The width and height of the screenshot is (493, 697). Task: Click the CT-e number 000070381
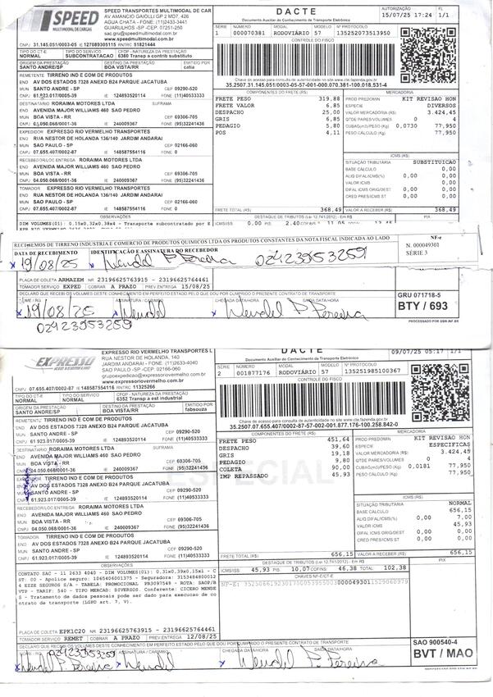coord(249,33)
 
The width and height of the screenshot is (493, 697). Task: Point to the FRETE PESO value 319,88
coord(328,98)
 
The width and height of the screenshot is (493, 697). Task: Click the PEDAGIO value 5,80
coord(331,125)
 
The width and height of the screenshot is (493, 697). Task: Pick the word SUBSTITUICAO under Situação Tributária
coord(456,162)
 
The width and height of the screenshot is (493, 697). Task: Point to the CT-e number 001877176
coord(249,371)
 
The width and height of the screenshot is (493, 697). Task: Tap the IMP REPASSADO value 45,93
coord(338,475)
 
